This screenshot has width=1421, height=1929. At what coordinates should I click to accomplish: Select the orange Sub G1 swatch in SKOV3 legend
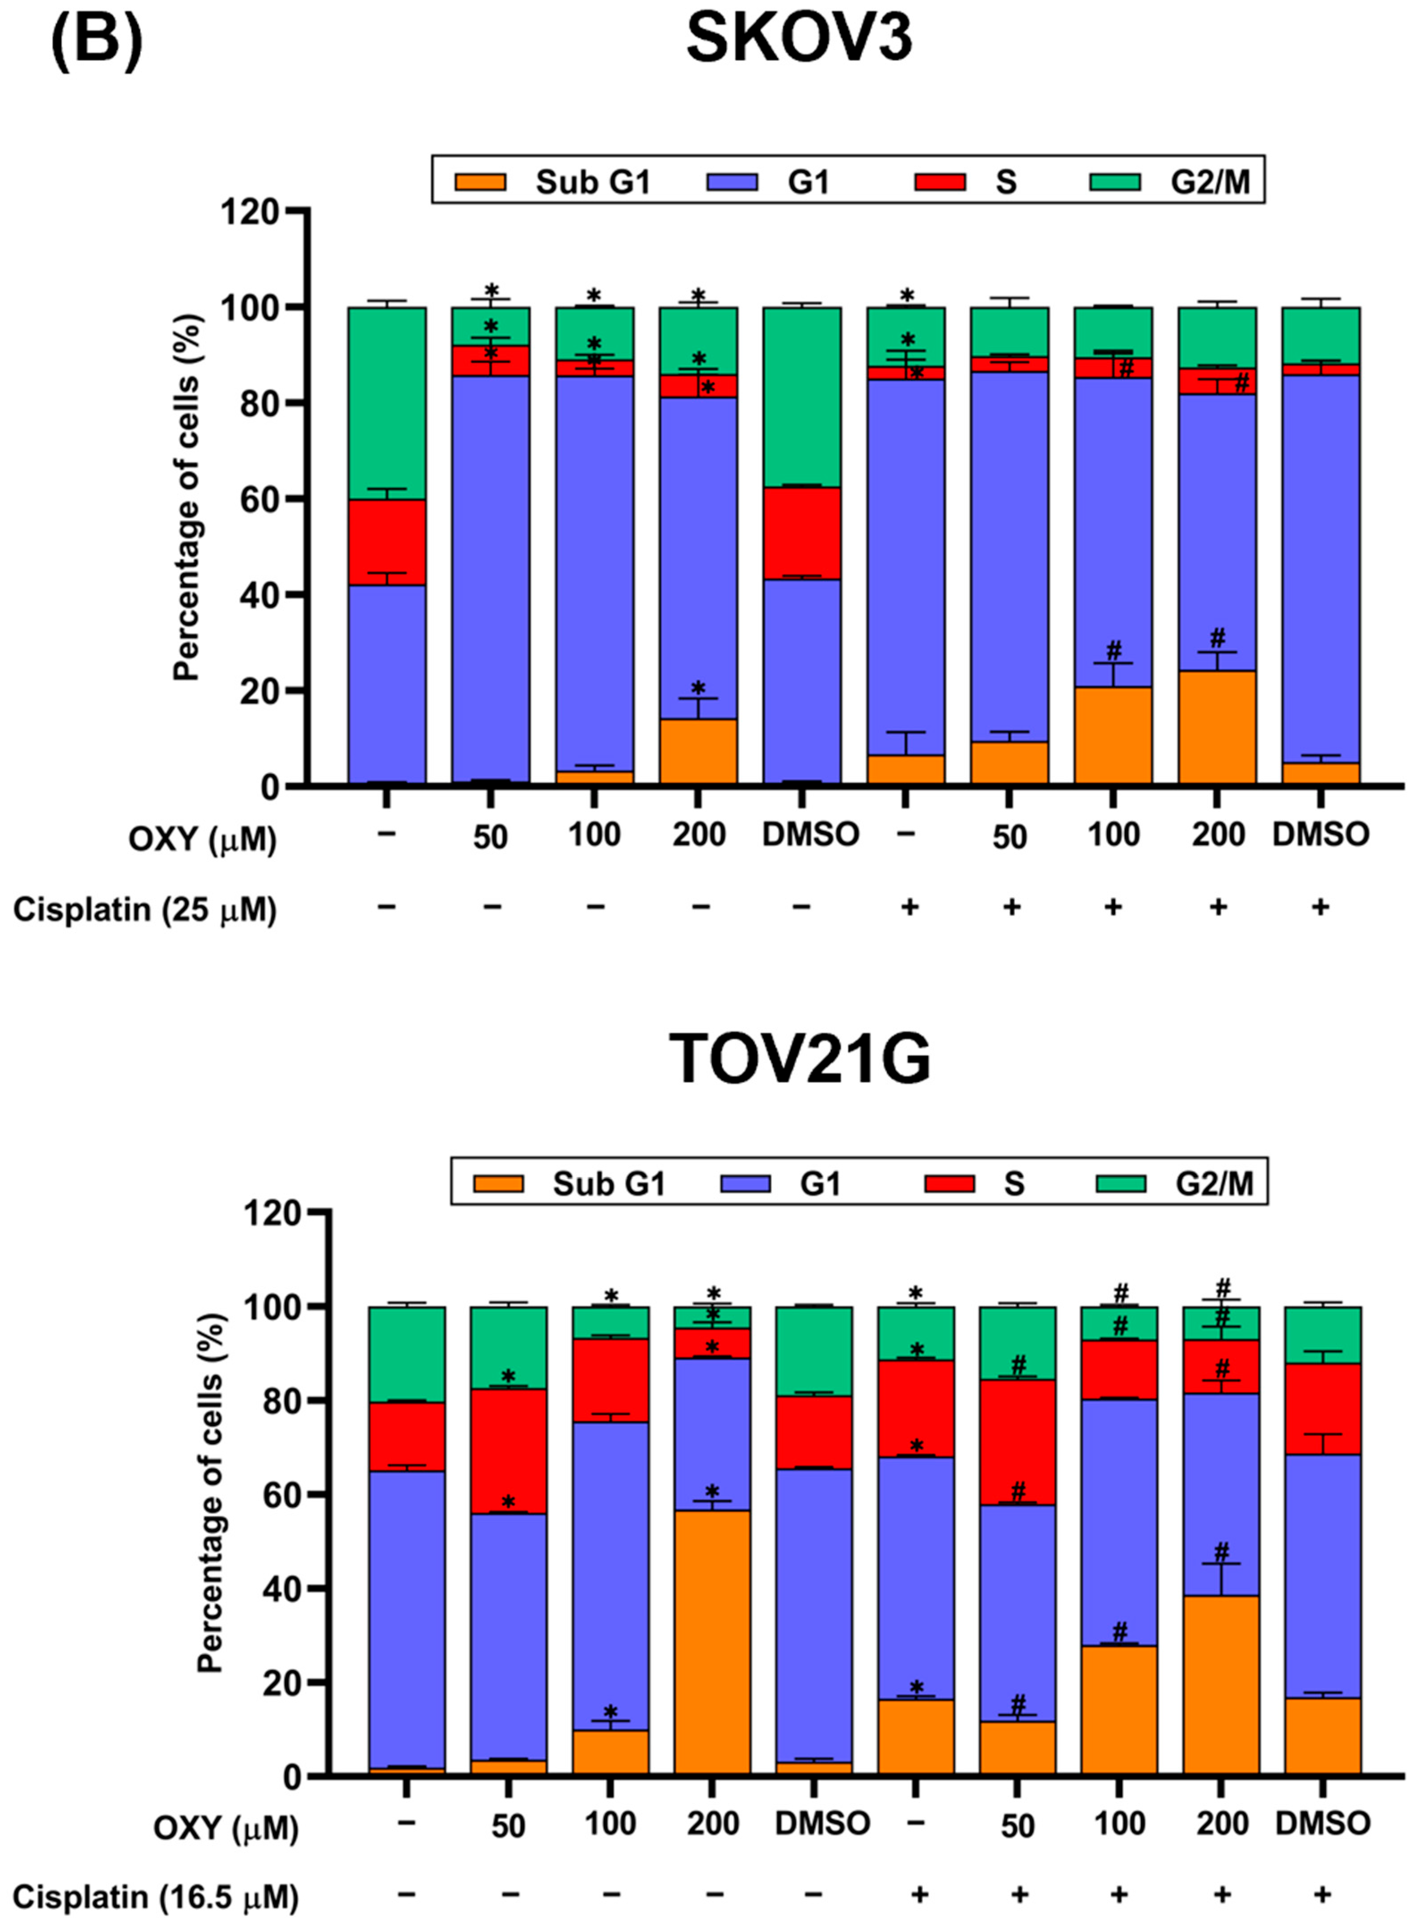(x=480, y=181)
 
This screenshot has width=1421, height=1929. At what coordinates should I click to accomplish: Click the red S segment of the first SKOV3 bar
(x=387, y=542)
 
